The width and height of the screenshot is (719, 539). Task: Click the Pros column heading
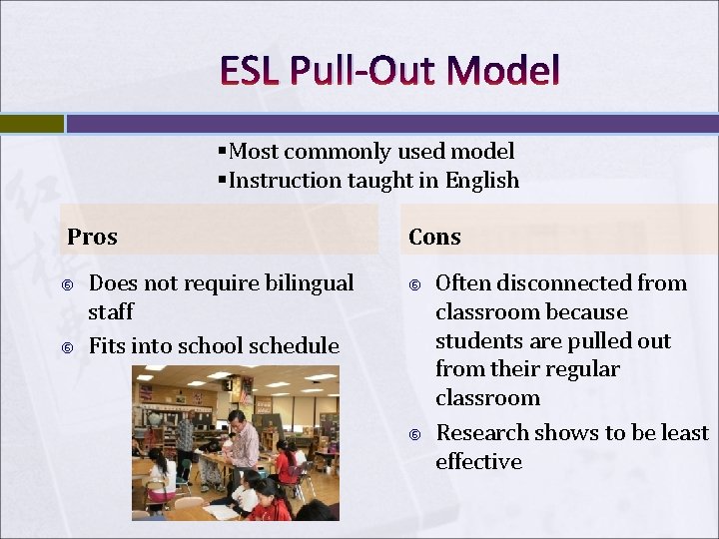click(92, 237)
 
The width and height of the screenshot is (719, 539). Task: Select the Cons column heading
click(434, 237)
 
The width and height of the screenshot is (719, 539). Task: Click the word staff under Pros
click(111, 311)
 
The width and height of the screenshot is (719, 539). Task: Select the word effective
click(478, 461)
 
